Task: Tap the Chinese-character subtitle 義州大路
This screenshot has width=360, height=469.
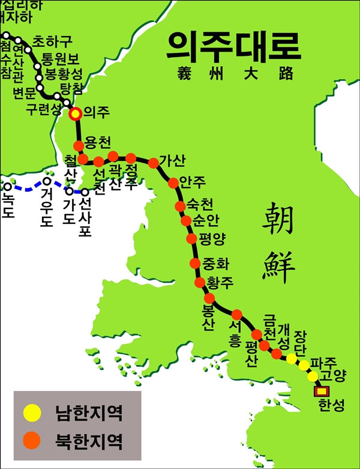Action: (235, 74)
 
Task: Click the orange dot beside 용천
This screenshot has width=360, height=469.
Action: (78, 145)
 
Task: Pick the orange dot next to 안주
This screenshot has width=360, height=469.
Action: (173, 183)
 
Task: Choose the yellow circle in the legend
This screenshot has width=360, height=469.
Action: (32, 413)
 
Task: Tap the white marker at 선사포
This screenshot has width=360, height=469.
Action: (85, 192)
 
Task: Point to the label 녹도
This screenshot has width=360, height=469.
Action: (8, 205)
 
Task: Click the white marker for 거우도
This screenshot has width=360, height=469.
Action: (46, 181)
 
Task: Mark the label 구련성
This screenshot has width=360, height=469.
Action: (43, 109)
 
